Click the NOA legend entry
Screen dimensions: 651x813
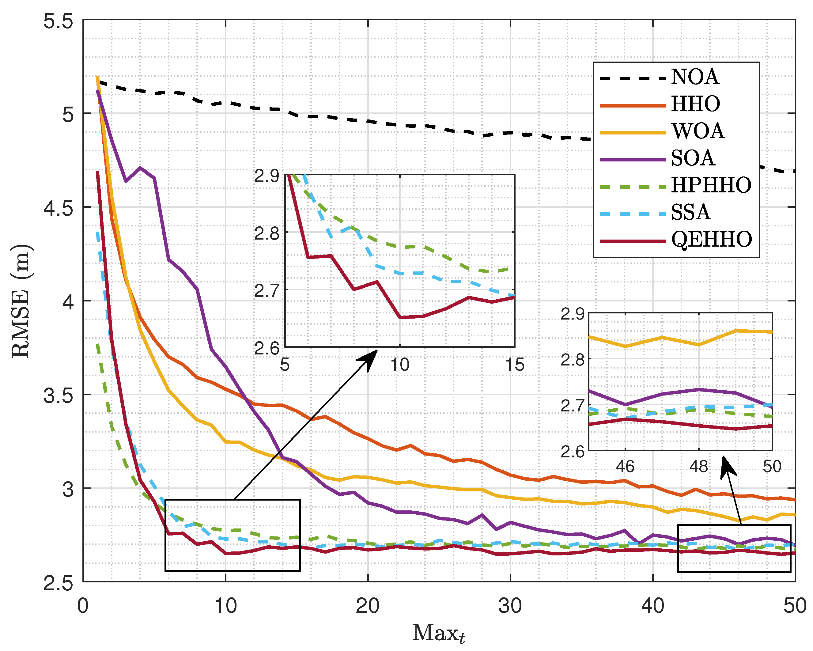(694, 77)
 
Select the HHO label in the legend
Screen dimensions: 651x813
(695, 104)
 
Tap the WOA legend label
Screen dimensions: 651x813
(698, 131)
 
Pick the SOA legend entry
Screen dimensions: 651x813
(693, 158)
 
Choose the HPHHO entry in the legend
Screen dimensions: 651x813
(711, 186)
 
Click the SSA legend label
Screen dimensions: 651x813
(690, 212)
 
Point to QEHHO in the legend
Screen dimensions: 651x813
(711, 240)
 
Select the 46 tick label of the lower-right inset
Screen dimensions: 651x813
(625, 467)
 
